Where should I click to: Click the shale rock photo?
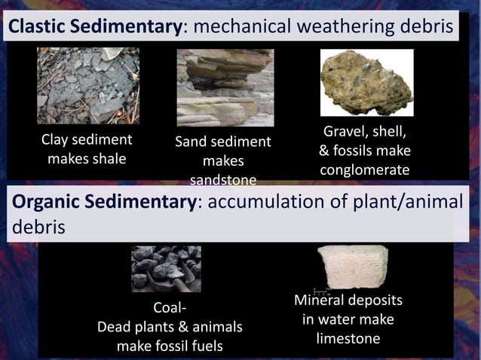tap(88, 86)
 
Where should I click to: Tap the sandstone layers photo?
tap(225, 87)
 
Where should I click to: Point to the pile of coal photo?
tap(166, 269)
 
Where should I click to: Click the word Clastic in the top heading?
tap(37, 27)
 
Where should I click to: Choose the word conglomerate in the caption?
tap(365, 170)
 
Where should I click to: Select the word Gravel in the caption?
tap(345, 133)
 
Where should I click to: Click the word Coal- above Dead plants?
tap(170, 308)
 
